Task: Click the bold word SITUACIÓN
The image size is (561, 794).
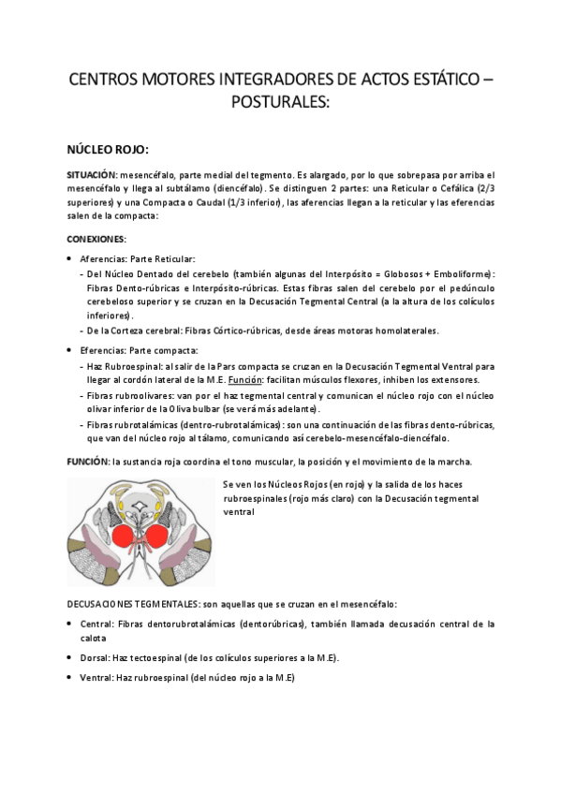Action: coord(91,175)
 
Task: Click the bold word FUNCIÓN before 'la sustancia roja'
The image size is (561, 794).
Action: coord(87,462)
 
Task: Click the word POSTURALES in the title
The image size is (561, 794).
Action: coord(280,101)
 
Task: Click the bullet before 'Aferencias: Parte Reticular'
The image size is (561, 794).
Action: coord(71,257)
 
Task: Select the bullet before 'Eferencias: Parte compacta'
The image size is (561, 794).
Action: coord(71,349)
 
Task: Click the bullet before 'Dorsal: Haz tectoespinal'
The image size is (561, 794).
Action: coord(71,657)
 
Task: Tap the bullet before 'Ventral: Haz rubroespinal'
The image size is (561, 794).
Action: coord(71,677)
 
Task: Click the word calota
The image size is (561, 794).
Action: coord(93,638)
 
